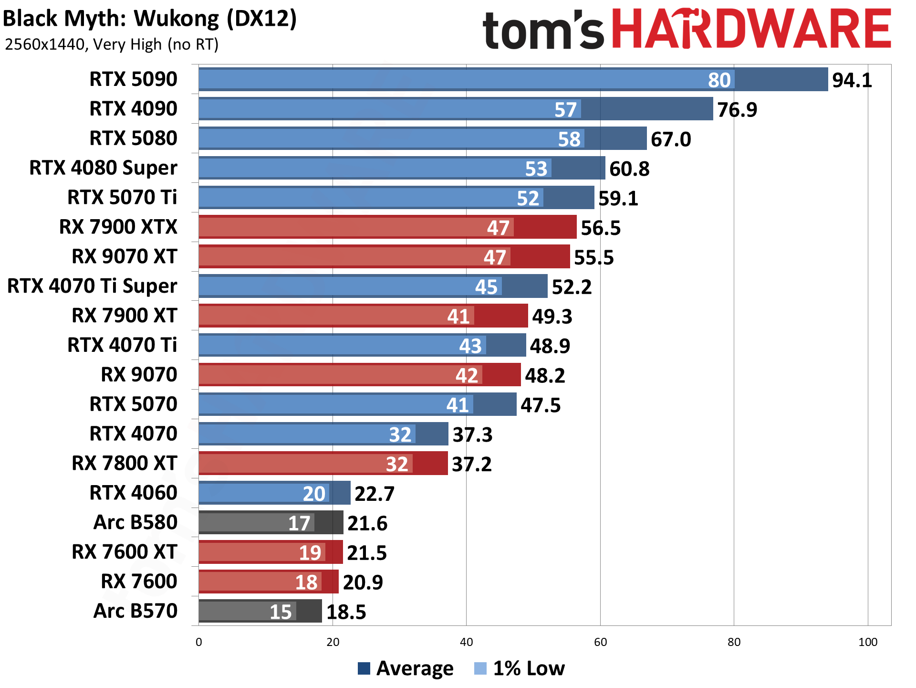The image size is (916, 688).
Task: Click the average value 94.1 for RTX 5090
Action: pyautogui.click(x=852, y=80)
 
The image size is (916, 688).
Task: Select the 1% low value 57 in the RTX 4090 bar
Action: pyautogui.click(x=565, y=110)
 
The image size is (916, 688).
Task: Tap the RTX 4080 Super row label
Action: pyautogui.click(x=103, y=168)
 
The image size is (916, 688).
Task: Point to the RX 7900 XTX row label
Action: pyautogui.click(x=118, y=227)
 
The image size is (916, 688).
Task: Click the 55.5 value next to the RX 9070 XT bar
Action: pyautogui.click(x=593, y=257)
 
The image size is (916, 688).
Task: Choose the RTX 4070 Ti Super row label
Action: pyautogui.click(x=92, y=286)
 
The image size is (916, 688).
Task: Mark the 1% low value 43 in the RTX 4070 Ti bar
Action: pyautogui.click(x=470, y=346)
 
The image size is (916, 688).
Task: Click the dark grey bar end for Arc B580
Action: pyautogui.click(x=329, y=523)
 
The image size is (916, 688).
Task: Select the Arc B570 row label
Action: pyautogui.click(x=135, y=611)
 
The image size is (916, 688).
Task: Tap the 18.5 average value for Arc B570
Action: pyautogui.click(x=346, y=612)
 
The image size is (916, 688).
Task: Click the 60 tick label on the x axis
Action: pyautogui.click(x=600, y=642)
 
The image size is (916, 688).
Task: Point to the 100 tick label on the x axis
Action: pyautogui.click(x=867, y=642)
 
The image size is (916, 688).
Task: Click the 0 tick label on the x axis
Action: pyautogui.click(x=199, y=642)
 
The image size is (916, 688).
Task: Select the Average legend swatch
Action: pyautogui.click(x=364, y=668)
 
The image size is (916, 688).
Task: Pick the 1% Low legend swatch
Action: pyautogui.click(x=480, y=668)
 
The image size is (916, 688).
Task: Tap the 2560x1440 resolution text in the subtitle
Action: pyautogui.click(x=45, y=44)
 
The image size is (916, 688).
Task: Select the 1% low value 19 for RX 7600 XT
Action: pyautogui.click(x=310, y=553)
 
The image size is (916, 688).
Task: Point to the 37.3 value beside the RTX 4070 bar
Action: pyautogui.click(x=472, y=434)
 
